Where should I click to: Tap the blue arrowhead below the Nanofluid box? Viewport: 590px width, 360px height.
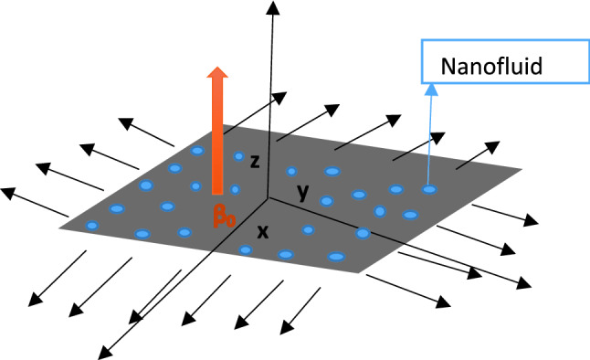coord(429,90)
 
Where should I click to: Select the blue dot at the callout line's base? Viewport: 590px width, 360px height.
coord(428,189)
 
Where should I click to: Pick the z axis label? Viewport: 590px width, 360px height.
coord(256,162)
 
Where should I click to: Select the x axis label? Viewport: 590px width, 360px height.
coord(263,231)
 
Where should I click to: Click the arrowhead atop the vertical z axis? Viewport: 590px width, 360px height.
coord(271,9)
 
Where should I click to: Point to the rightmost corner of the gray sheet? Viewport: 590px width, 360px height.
coord(522,169)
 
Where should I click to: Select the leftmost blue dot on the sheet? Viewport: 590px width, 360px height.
coord(91,225)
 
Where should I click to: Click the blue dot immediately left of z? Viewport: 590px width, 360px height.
coord(239,157)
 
